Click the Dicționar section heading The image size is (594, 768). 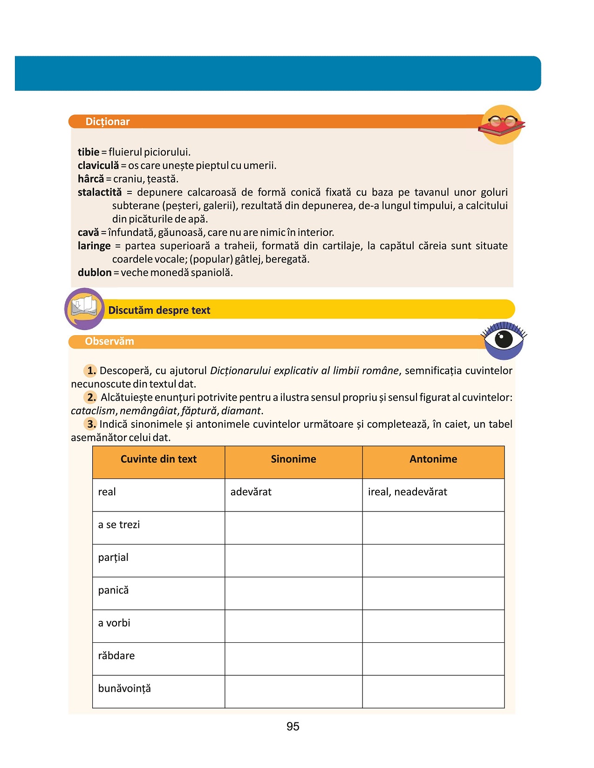point(108,121)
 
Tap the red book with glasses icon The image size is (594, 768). point(501,124)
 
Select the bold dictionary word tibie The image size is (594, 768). point(89,152)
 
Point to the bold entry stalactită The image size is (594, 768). point(100,192)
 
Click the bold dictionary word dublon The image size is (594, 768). point(95,272)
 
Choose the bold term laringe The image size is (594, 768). point(94,246)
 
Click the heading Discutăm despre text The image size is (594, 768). point(159,310)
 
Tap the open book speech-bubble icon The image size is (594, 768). point(84,309)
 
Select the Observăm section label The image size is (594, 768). point(109,341)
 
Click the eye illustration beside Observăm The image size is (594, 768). point(504,339)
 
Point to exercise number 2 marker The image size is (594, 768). point(91,397)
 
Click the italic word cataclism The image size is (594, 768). point(93,411)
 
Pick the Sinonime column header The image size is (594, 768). point(294,459)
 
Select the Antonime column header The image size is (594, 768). point(433,459)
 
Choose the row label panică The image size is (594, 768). point(113,590)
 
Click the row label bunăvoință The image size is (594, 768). point(124,688)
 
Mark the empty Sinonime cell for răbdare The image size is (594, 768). point(294,659)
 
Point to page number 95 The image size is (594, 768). point(293,727)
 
